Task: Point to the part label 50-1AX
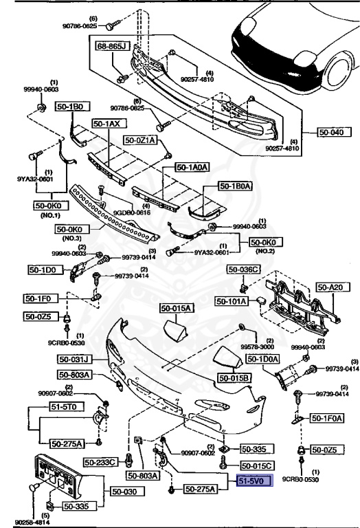point(106,124)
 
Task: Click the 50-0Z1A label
point(140,140)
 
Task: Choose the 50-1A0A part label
point(192,166)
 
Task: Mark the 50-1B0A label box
point(236,186)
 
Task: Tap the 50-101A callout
point(231,300)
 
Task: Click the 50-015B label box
point(234,377)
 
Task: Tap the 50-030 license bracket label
point(122,492)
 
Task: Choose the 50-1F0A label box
point(326,417)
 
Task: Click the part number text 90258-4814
point(21,521)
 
